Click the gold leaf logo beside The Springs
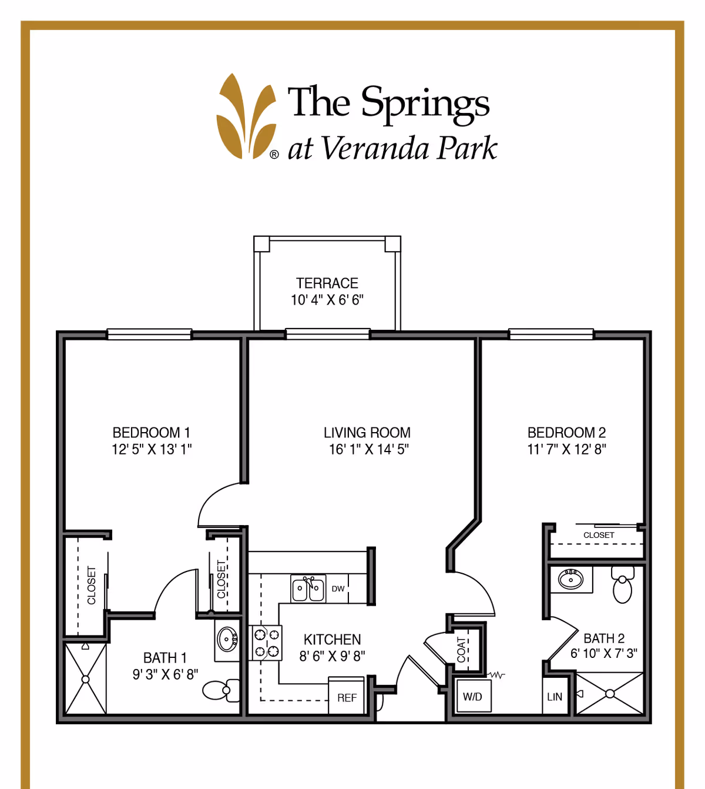pyautogui.click(x=246, y=117)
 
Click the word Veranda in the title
pyautogui.click(x=375, y=148)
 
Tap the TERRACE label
pyautogui.click(x=327, y=283)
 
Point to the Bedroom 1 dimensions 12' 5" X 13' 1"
pyautogui.click(x=152, y=450)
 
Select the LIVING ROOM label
pyautogui.click(x=367, y=433)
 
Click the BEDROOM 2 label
pyautogui.click(x=566, y=433)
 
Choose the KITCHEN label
pyautogui.click(x=332, y=640)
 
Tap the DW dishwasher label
pyautogui.click(x=338, y=589)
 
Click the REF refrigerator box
pyautogui.click(x=347, y=697)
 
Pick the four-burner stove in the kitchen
pyautogui.click(x=267, y=643)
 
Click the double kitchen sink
pyautogui.click(x=308, y=589)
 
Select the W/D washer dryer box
pyautogui.click(x=472, y=697)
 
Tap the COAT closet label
pyautogui.click(x=462, y=650)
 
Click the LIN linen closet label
pyautogui.click(x=555, y=697)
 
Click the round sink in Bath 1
pyautogui.click(x=227, y=638)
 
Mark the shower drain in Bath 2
pyautogui.click(x=610, y=694)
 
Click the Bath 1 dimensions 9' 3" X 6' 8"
pyautogui.click(x=165, y=674)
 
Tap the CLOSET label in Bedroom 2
pyautogui.click(x=599, y=535)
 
